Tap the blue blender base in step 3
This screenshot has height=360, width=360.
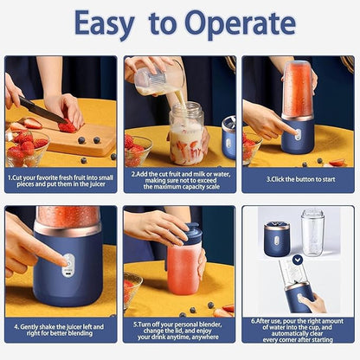[298, 136]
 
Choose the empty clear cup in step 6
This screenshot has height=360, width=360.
[312, 232]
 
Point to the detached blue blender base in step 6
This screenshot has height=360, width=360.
[277, 238]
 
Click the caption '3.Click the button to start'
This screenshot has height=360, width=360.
[298, 180]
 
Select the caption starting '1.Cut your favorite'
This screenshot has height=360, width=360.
[61, 178]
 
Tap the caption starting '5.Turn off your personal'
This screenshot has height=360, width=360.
[179, 331]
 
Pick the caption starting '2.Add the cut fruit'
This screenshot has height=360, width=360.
[179, 178]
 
